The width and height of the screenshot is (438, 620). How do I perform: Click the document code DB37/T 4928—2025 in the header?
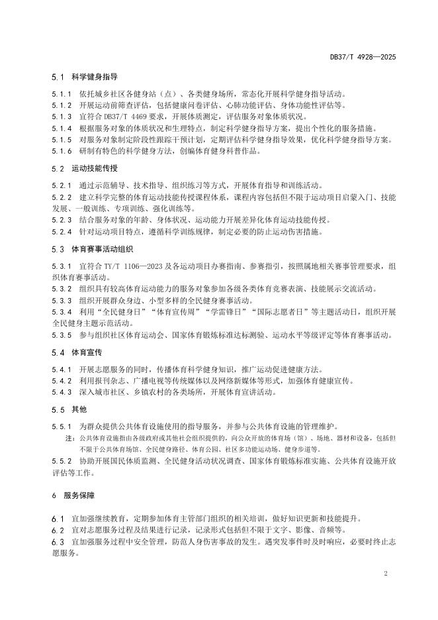[x=363, y=58]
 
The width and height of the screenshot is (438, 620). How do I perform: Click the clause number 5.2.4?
[x=61, y=232]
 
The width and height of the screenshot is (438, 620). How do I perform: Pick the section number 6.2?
[x=57, y=531]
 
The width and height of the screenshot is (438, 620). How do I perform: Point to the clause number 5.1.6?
[x=61, y=151]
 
